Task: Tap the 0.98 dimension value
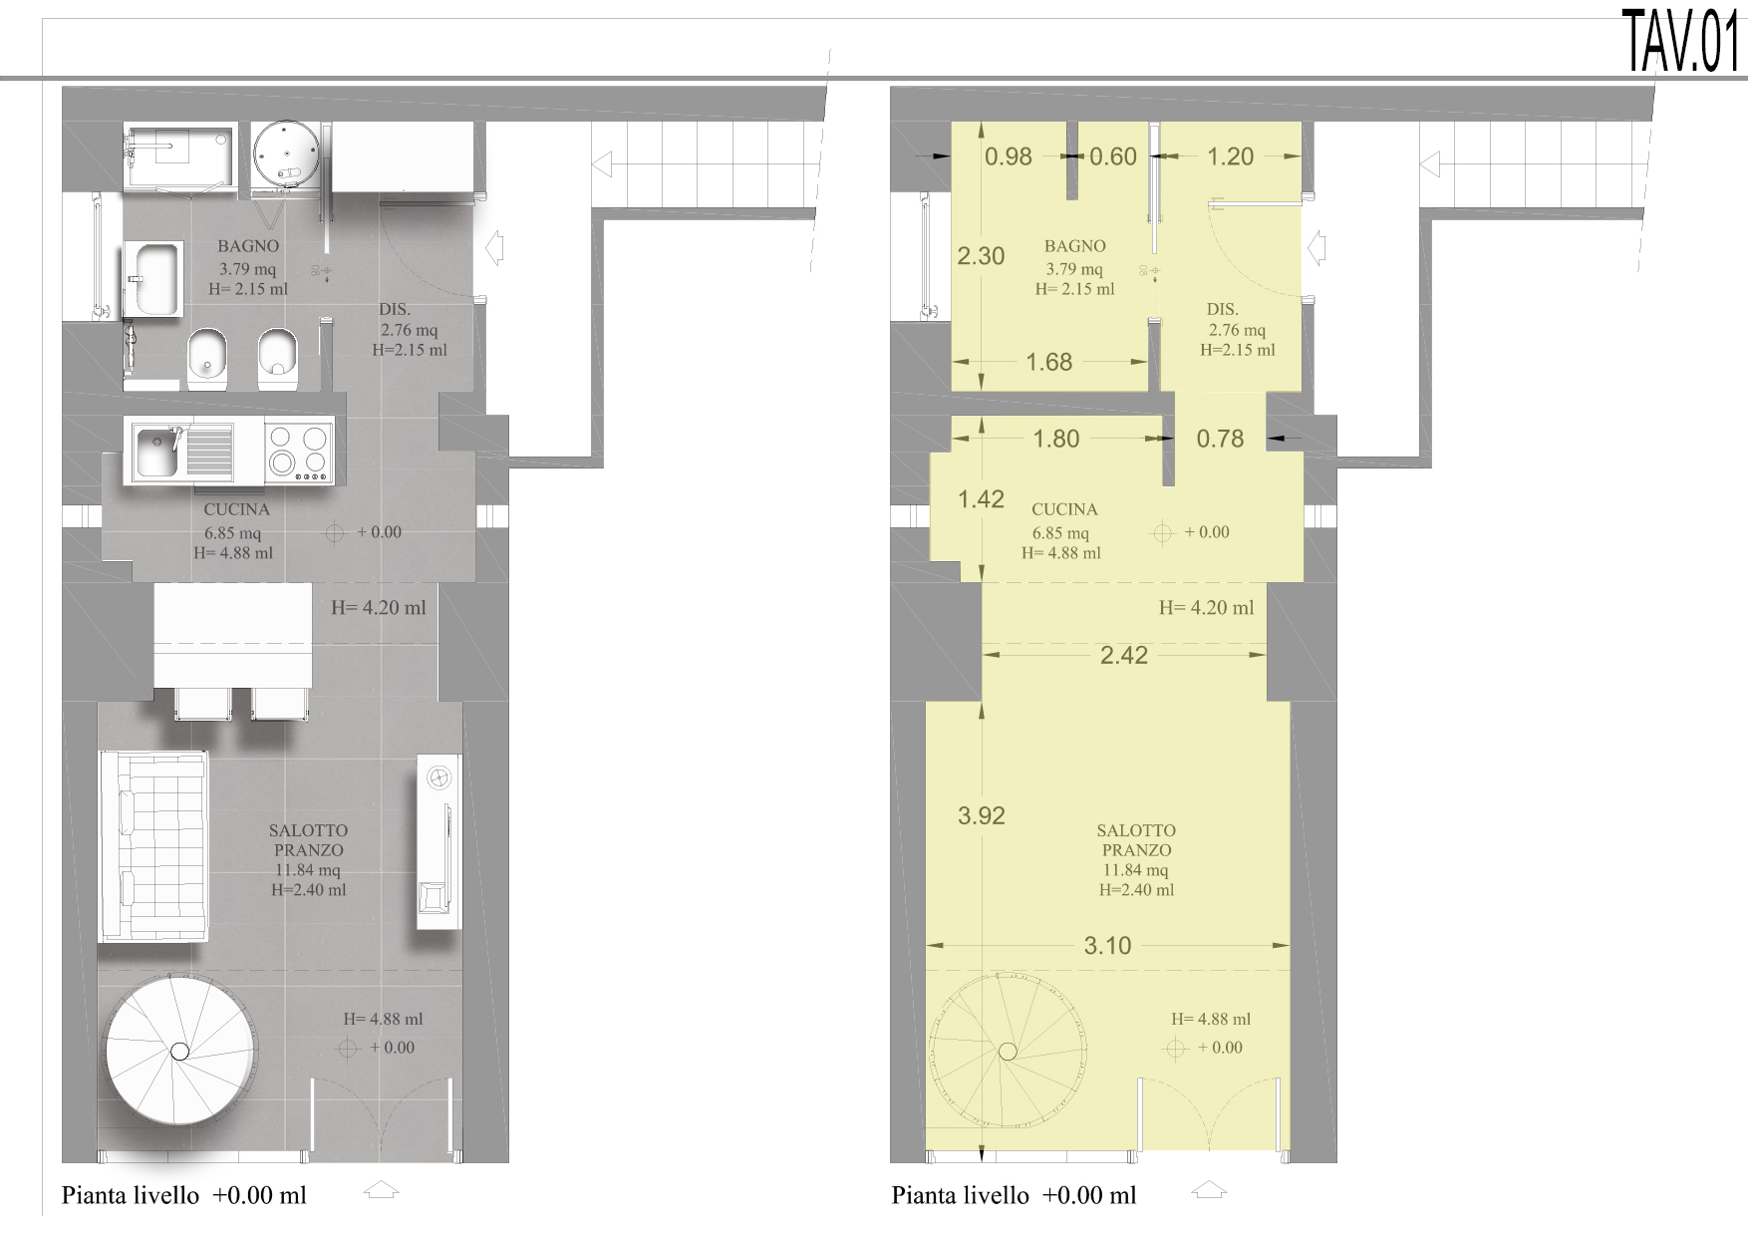pyautogui.click(x=1009, y=156)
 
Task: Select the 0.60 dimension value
pyautogui.click(x=1113, y=156)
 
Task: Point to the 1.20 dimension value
pyautogui.click(x=1230, y=156)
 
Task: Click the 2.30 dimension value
pyautogui.click(x=981, y=256)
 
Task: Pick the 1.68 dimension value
pyautogui.click(x=1049, y=362)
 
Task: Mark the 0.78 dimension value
pyautogui.click(x=1220, y=439)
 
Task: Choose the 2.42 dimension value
pyautogui.click(x=1124, y=655)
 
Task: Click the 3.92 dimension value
pyautogui.click(x=981, y=815)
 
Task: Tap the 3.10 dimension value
pyautogui.click(x=1108, y=945)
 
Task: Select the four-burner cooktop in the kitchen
pyautogui.click(x=299, y=452)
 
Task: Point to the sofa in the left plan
pyautogui.click(x=153, y=846)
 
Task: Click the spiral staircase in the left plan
pyautogui.click(x=180, y=1051)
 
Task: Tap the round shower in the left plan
pyautogui.click(x=286, y=154)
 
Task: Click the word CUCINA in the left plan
pyautogui.click(x=237, y=509)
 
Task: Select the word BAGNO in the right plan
pyautogui.click(x=1075, y=246)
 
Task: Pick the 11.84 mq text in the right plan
pyautogui.click(x=1135, y=870)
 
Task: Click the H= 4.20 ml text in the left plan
pyautogui.click(x=379, y=607)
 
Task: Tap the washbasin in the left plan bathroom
pyautogui.click(x=153, y=279)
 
